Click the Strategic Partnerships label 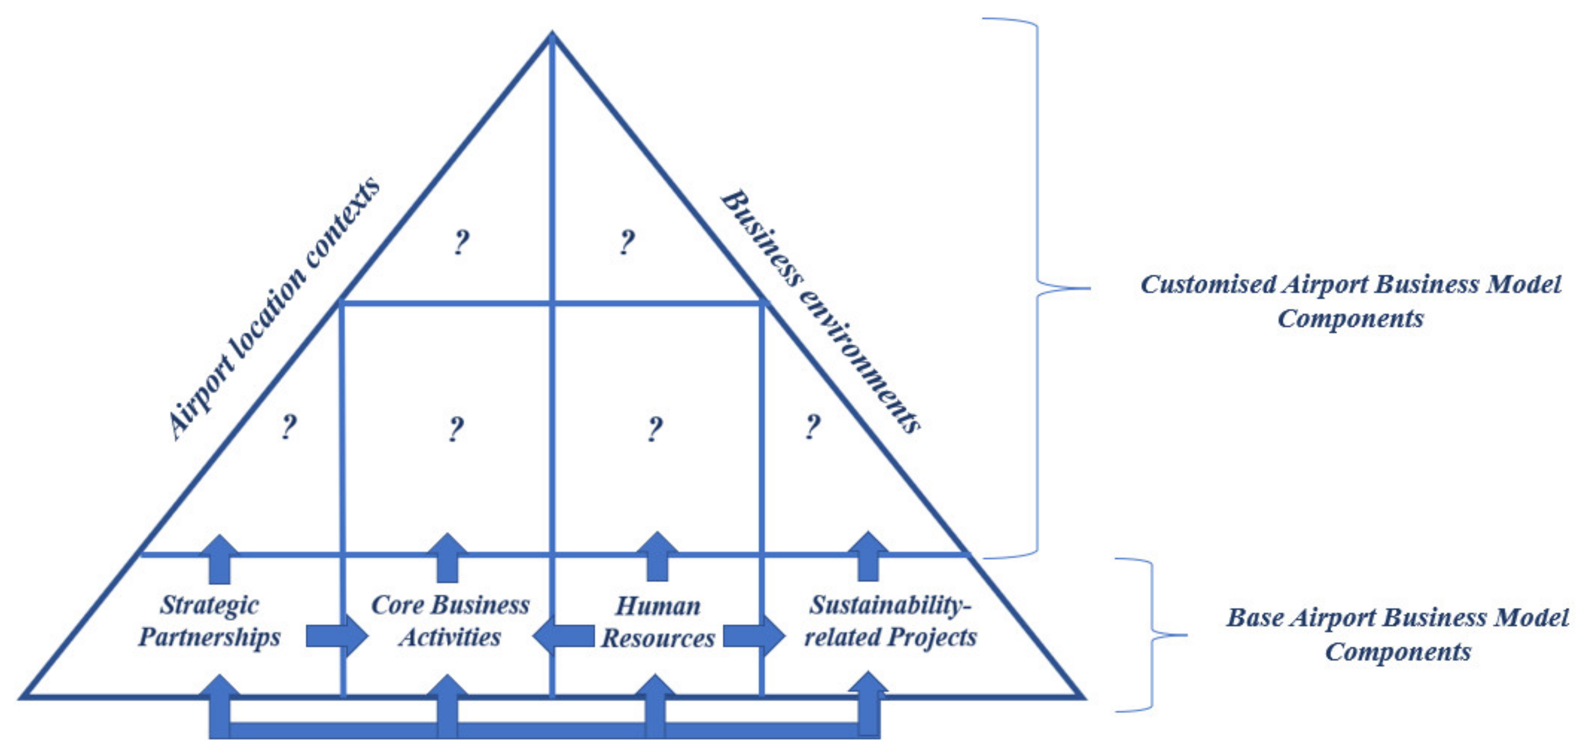(x=209, y=621)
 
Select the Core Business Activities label (x=450, y=621)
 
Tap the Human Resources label (x=658, y=622)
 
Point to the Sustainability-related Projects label (x=890, y=621)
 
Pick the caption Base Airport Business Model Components (x=1398, y=634)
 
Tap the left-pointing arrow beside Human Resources (x=564, y=636)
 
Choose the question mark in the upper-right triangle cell (x=626, y=243)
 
